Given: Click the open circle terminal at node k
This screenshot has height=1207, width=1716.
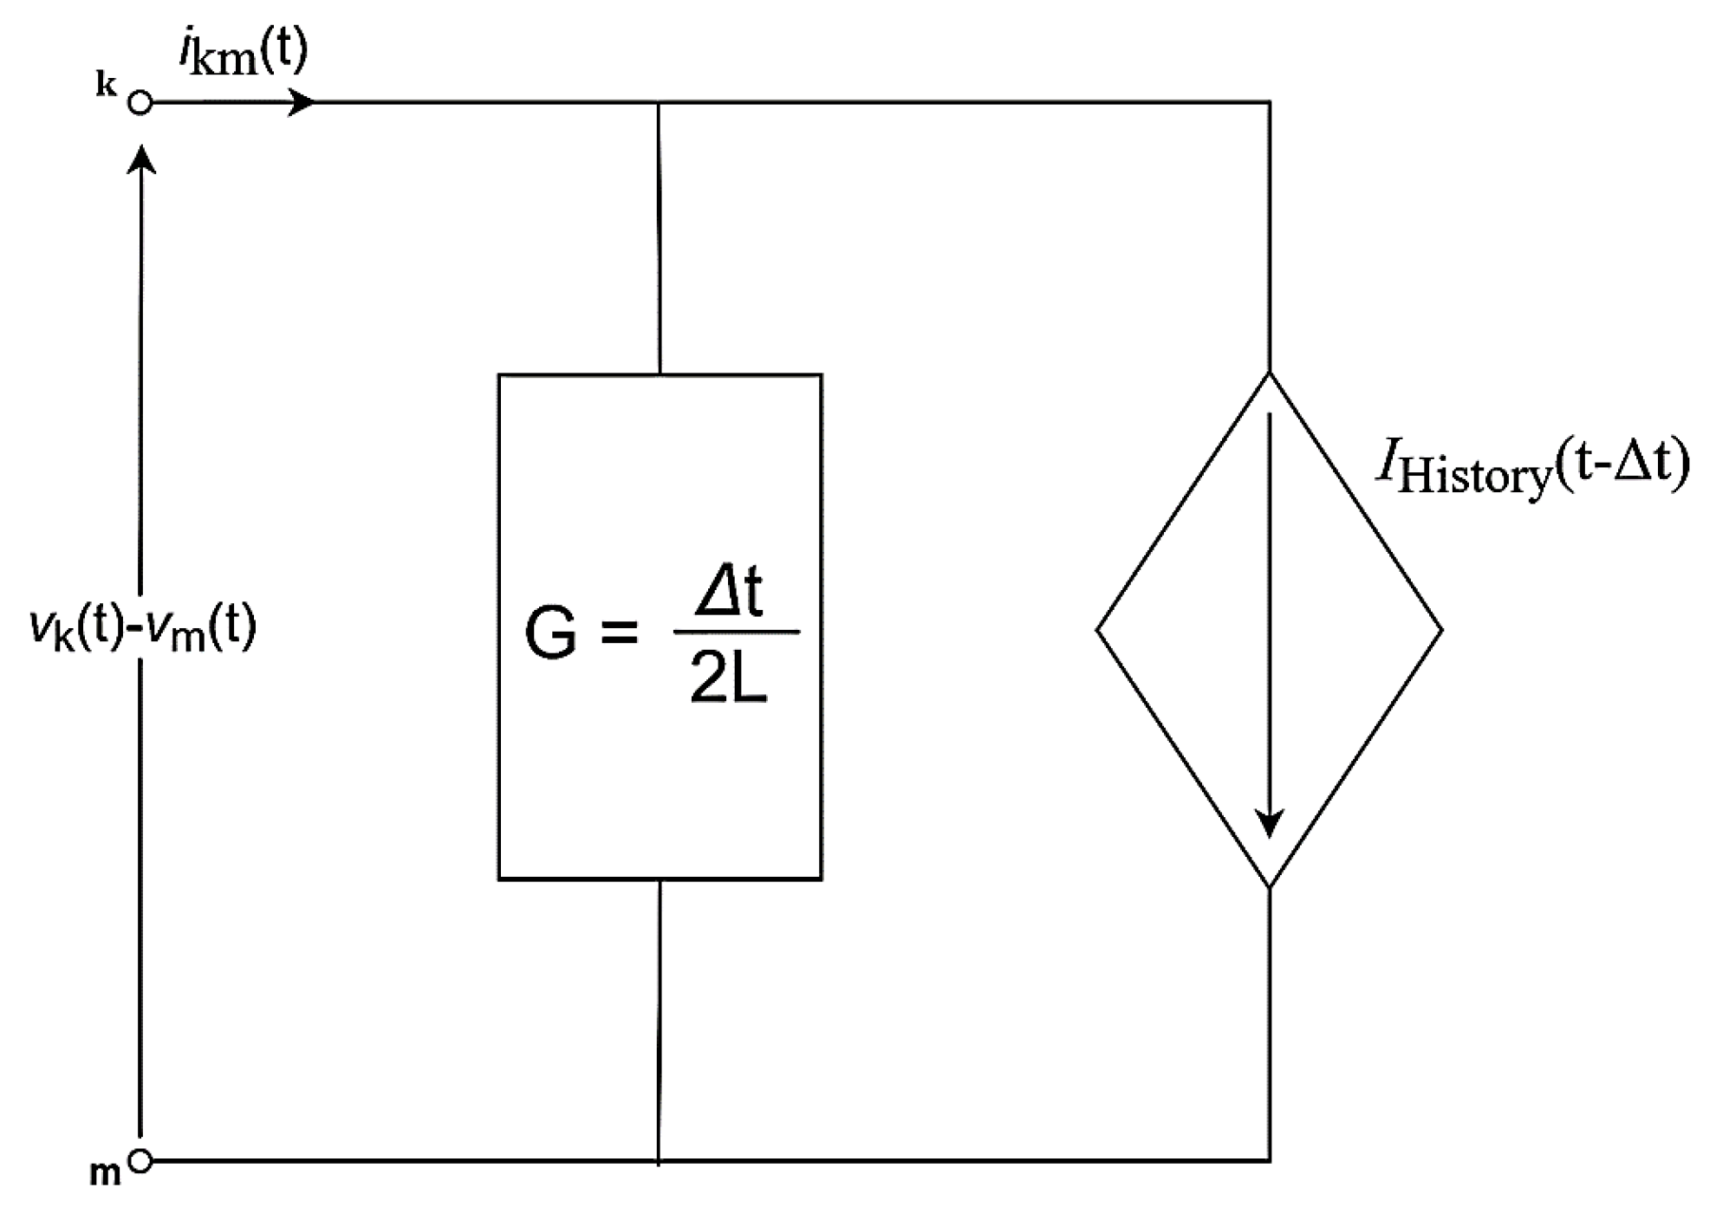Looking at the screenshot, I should [x=140, y=103].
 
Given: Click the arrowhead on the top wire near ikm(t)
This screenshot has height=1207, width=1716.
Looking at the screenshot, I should [x=302, y=103].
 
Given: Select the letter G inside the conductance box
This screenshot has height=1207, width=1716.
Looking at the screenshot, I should [x=551, y=633].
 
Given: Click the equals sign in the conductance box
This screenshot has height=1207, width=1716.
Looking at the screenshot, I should [x=619, y=633].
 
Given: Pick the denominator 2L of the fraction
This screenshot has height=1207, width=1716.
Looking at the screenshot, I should [x=729, y=678].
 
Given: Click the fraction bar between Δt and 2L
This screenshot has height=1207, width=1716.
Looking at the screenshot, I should [x=736, y=632].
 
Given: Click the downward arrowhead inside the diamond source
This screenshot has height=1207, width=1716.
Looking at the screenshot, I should [x=1270, y=824].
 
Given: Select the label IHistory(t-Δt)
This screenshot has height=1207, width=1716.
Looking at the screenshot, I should [x=1532, y=468].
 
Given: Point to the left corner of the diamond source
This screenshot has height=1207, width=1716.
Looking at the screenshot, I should [x=1099, y=630].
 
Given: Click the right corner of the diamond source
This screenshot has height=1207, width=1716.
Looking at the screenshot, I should [x=1441, y=630].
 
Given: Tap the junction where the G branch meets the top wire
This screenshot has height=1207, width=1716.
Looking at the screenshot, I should [x=659, y=103].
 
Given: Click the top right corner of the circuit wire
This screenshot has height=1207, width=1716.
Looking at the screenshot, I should [x=1270, y=103].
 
